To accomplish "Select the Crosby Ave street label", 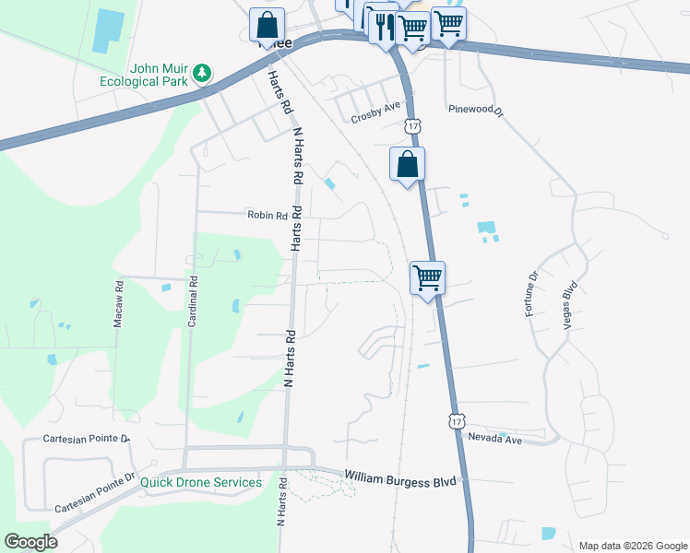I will tap(375, 118).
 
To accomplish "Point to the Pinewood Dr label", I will tap(475, 110).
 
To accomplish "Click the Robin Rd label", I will tap(267, 215).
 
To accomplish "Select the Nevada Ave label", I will tap(495, 440).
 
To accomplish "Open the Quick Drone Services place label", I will tap(201, 482).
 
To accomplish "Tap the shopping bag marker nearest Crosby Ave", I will tap(407, 165).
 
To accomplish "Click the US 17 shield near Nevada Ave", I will tap(456, 420).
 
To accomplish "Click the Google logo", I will tap(30, 542).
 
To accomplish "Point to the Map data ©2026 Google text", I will tap(632, 546).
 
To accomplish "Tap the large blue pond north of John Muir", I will tap(109, 31).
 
